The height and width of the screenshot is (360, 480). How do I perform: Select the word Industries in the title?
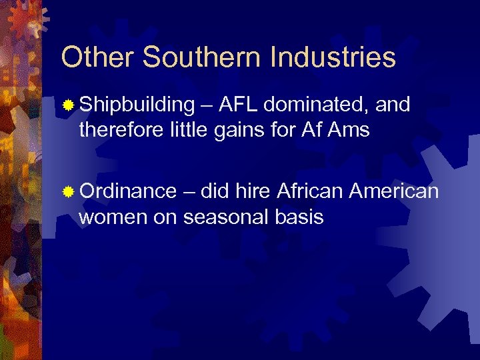click(333, 57)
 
